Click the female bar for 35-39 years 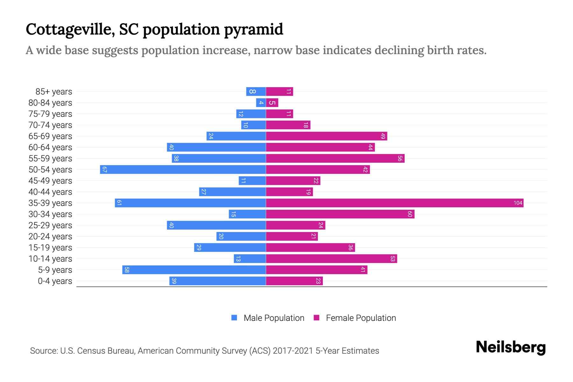[x=395, y=203]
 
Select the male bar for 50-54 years [x=183, y=169]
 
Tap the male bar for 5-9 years [x=194, y=270]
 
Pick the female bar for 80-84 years [x=272, y=103]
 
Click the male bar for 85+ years [x=256, y=91]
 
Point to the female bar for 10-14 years [x=331, y=258]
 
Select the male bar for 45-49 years [x=252, y=180]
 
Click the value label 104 [x=518, y=203]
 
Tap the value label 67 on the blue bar [x=104, y=169]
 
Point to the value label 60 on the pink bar [x=410, y=214]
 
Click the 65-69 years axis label [x=50, y=136]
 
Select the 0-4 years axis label [x=55, y=281]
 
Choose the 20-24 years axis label [x=50, y=237]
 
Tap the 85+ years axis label [x=54, y=92]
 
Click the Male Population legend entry [x=274, y=318]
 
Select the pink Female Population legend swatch [x=316, y=318]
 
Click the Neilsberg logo [x=511, y=347]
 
